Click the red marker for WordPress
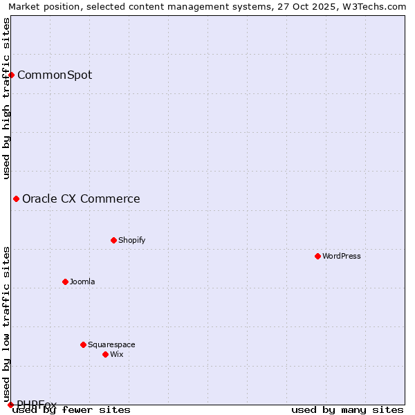[317, 256]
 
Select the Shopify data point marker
[113, 240]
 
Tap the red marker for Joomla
[65, 282]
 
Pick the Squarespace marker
[83, 344]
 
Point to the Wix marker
[105, 354]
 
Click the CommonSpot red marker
[12, 75]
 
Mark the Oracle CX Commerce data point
[16, 199]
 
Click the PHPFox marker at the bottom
[10, 405]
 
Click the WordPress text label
[342, 256]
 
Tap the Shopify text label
[131, 240]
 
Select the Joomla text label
[82, 282]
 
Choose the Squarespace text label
[111, 344]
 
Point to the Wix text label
[116, 354]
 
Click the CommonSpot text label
[55, 75]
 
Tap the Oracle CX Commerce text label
[81, 199]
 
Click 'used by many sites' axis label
[347, 409]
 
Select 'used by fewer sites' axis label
[72, 409]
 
